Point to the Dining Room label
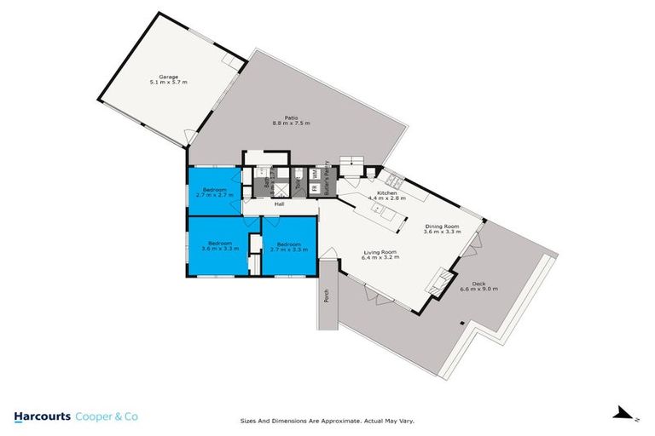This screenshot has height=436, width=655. (443, 227)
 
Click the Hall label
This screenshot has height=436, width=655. (279, 204)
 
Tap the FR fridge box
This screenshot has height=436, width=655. (312, 188)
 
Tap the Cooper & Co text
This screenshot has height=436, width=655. (107, 416)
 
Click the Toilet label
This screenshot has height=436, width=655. (299, 181)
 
